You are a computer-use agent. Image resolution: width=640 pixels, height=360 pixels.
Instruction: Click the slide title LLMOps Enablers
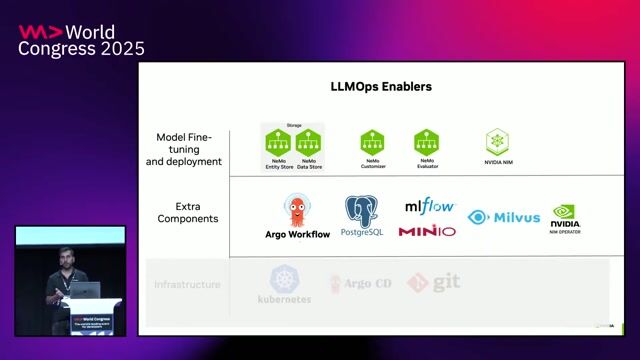pos(381,87)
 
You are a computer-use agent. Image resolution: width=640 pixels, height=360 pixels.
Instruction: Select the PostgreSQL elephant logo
pos(362,209)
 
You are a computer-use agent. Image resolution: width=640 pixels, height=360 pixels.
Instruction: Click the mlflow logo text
pos(429,206)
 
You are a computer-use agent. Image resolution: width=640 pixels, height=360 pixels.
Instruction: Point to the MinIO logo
pos(427,231)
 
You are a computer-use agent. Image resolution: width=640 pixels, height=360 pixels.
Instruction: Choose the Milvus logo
pos(504,217)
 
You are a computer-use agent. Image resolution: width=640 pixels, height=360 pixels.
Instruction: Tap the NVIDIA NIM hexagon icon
pos(497,141)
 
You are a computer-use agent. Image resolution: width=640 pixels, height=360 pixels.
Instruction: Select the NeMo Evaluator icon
pos(427,141)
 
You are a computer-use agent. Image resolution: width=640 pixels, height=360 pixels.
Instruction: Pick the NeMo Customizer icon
pos(373,142)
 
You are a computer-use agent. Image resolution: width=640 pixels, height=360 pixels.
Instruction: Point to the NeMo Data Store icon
pos(309,142)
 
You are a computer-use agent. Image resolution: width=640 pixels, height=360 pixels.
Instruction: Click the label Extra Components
pos(189,212)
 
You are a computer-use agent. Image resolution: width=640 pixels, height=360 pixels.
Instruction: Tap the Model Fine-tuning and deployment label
pos(189,148)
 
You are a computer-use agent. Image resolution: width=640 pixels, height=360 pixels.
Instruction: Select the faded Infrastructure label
pos(187,285)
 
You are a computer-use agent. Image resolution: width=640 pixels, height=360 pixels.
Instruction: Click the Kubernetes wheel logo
pos(285,278)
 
